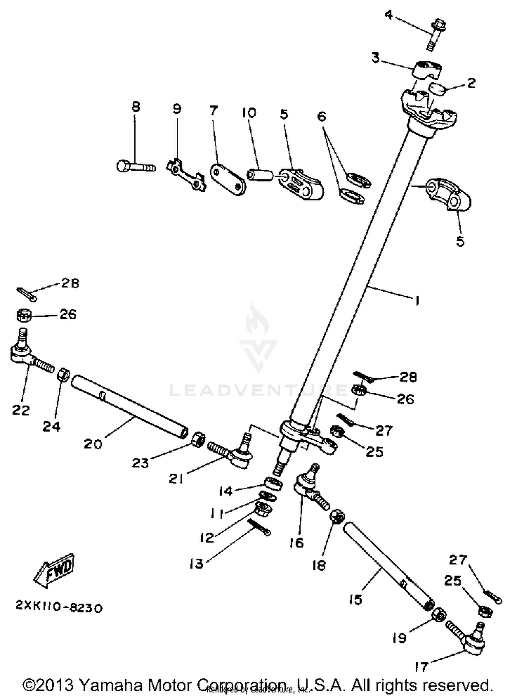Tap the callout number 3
point(375,58)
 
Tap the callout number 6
point(321,117)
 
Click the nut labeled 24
point(63,374)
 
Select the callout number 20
point(93,444)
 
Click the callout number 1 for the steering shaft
point(417,301)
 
